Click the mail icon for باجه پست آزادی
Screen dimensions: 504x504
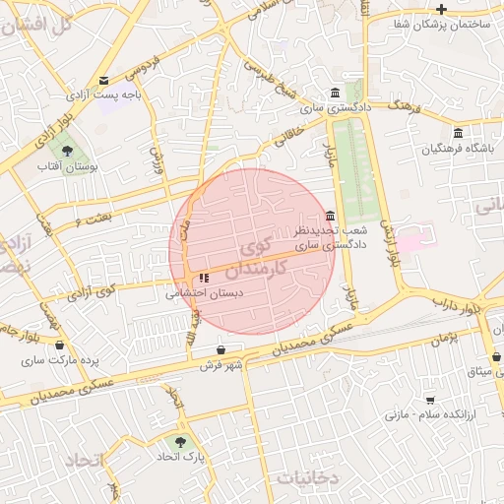[x=104, y=81]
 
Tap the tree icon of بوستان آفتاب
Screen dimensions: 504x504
[x=67, y=151]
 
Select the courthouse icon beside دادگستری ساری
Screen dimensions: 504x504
[x=336, y=93]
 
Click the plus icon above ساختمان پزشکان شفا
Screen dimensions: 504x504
[x=441, y=9]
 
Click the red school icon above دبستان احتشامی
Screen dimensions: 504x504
[x=205, y=279]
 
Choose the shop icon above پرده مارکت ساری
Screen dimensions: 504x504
[x=61, y=346]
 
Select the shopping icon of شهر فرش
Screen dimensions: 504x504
[x=221, y=350]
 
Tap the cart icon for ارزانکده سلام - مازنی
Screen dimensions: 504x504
[x=431, y=400]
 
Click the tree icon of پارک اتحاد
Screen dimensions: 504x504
[x=179, y=442]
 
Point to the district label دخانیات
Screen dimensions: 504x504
[x=307, y=477]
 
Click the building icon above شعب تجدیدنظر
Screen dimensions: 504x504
[x=329, y=217]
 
